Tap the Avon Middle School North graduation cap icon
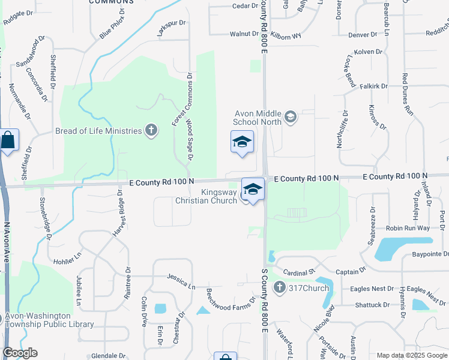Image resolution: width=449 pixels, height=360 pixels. tap(291, 116)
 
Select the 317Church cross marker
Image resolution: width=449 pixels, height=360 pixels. tap(279, 288)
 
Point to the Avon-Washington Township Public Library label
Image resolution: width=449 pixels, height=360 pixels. tap(49, 320)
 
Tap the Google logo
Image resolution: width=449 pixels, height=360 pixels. tap(20, 353)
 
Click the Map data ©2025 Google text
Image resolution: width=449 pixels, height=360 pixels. tap(411, 355)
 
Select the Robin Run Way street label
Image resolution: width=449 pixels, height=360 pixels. tap(408, 228)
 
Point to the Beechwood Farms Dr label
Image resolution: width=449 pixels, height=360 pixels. tap(231, 298)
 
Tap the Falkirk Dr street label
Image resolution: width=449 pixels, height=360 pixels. tap(373, 86)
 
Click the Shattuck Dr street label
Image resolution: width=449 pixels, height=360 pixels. tap(372, 305)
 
